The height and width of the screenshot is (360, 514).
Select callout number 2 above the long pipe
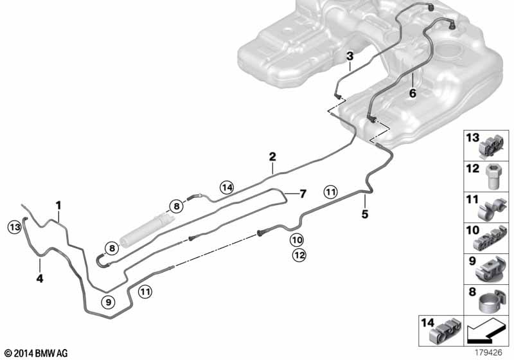pyautogui.click(x=272, y=156)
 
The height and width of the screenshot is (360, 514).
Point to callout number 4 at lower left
pyautogui.click(x=39, y=278)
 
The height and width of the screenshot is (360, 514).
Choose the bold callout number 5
pyautogui.click(x=364, y=214)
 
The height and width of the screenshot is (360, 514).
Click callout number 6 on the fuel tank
pyautogui.click(x=412, y=94)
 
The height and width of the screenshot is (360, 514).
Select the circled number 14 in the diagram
pyautogui.click(x=226, y=187)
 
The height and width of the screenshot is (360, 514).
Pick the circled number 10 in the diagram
pyautogui.click(x=296, y=240)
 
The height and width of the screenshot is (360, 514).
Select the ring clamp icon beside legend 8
pyautogui.click(x=493, y=303)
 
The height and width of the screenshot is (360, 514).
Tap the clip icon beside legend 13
pyautogui.click(x=493, y=146)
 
